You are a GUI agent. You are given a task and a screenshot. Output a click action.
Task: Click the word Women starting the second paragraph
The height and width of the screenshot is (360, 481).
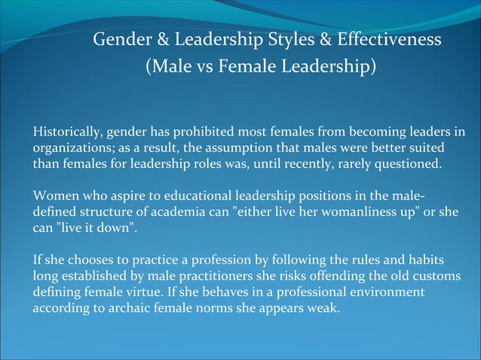click(55, 196)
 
